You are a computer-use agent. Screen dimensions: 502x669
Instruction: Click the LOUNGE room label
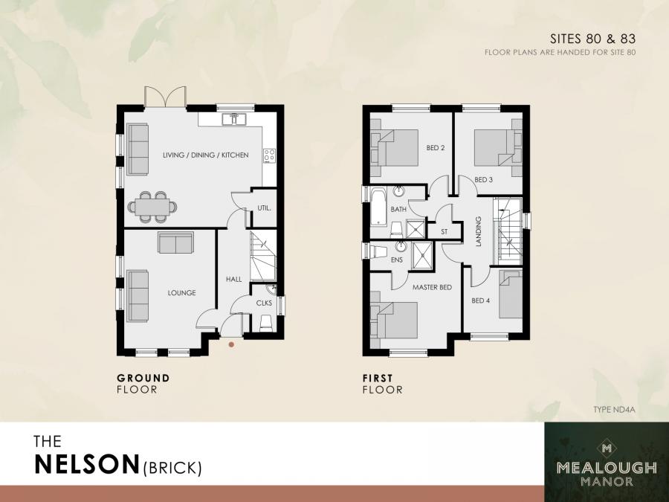pyautogui.click(x=181, y=293)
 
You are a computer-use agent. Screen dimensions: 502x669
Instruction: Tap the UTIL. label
pyautogui.click(x=264, y=210)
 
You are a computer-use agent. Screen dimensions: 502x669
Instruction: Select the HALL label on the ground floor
pyautogui.click(x=234, y=279)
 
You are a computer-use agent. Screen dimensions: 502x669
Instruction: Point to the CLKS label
pyautogui.click(x=264, y=303)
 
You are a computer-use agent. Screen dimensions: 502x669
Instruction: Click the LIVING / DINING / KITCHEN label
pyautogui.click(x=206, y=155)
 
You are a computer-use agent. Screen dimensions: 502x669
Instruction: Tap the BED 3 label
pyautogui.click(x=484, y=179)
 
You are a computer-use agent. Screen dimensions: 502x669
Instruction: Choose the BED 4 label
pyautogui.click(x=481, y=300)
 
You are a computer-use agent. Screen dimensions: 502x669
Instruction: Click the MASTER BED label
pyautogui.click(x=433, y=287)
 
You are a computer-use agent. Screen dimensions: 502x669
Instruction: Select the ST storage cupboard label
pyautogui.click(x=445, y=232)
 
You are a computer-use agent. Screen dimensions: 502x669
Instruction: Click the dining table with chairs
pyautogui.click(x=152, y=205)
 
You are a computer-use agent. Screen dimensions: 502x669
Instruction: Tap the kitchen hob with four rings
pyautogui.click(x=270, y=155)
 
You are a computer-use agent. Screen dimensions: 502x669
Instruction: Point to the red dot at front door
pyautogui.click(x=232, y=344)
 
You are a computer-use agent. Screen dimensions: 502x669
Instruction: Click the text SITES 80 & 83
pyautogui.click(x=592, y=37)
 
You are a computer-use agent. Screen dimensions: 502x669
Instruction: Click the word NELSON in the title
pyautogui.click(x=88, y=465)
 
